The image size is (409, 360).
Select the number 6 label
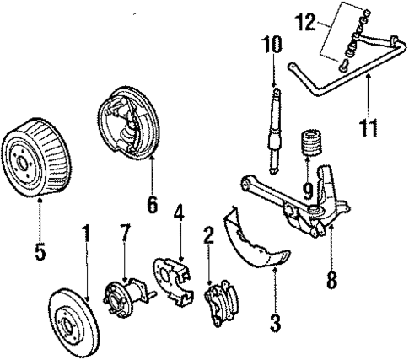point(152,204)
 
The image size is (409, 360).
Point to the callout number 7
point(126,230)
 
